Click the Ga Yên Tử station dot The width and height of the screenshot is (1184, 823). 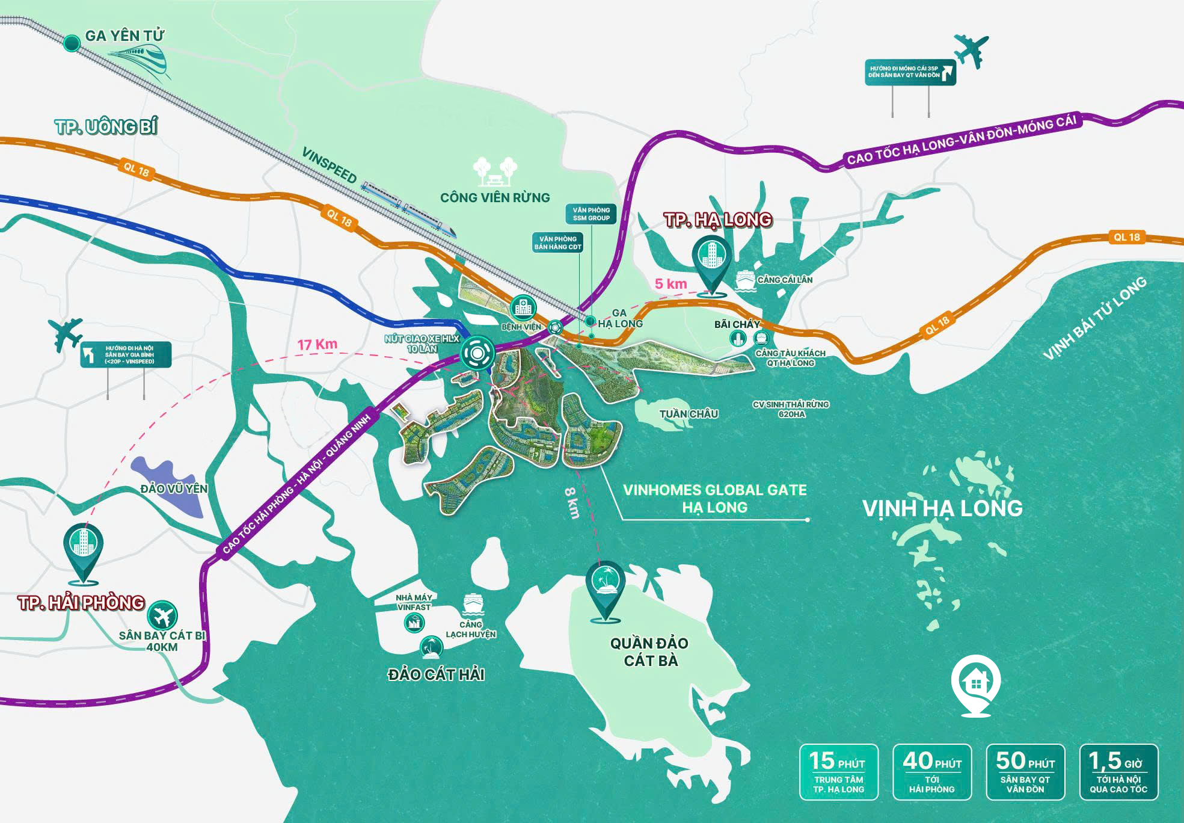coord(72,43)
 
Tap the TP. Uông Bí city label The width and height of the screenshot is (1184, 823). coord(106,127)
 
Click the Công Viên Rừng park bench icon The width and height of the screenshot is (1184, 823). coord(495,171)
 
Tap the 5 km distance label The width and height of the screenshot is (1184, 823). coord(670,284)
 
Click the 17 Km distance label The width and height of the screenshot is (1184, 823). coord(317,345)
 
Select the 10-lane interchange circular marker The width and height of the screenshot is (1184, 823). coord(477,353)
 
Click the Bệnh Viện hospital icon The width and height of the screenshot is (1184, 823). coord(523,308)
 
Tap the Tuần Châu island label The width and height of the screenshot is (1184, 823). coord(688,414)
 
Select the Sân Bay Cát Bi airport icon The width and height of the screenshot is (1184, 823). coord(162,615)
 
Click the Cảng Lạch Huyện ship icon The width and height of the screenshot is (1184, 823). coord(473,603)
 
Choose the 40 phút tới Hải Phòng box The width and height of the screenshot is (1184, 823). coord(931,772)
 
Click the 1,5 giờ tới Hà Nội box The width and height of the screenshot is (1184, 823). coord(1118,772)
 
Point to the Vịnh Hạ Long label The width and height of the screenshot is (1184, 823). coord(942,508)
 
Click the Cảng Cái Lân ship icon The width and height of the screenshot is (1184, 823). coord(744,279)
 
